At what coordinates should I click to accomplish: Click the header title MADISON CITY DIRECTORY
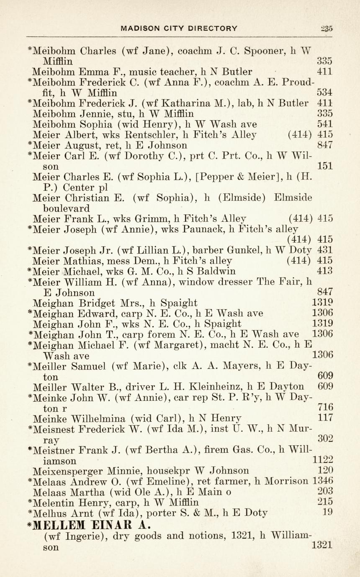point(179,28)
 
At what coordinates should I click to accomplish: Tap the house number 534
point(325,92)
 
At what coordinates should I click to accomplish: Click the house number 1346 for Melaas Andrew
point(323,480)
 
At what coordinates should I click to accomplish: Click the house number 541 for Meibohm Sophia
point(325,124)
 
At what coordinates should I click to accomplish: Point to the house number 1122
point(323,460)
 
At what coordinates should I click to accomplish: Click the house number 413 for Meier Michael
point(325,271)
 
